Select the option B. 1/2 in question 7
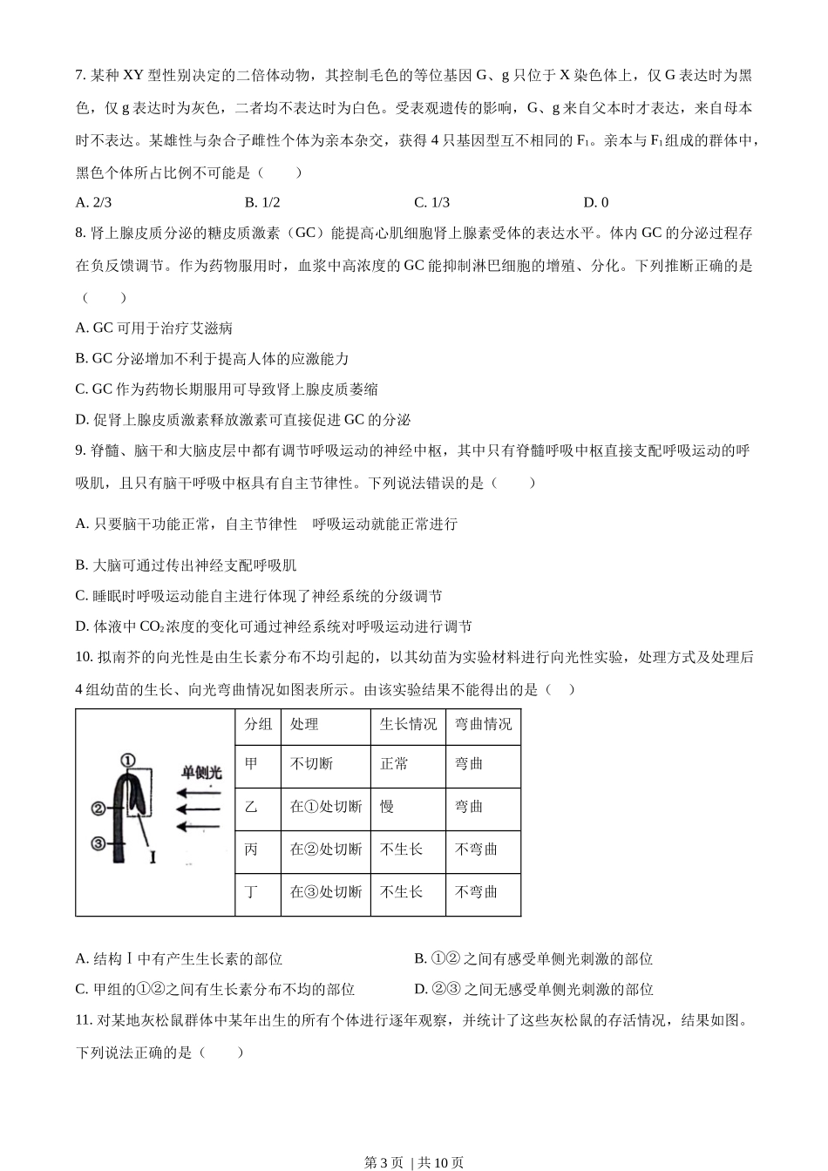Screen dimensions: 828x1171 tap(262, 203)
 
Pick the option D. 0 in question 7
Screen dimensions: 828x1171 tap(596, 203)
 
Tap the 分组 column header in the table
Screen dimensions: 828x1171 tap(258, 725)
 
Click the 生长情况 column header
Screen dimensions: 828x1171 tap(408, 725)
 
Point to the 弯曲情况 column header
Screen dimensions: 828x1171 tap(483, 725)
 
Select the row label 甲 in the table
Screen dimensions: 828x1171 tap(252, 764)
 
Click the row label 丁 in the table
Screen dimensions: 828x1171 tap(252, 891)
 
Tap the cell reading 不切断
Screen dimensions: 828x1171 tap(311, 764)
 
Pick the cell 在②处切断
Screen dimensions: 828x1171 tap(325, 849)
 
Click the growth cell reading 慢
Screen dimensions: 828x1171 tap(387, 807)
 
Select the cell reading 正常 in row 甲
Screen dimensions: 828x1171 tap(394, 764)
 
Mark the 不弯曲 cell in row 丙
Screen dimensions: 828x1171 tap(476, 849)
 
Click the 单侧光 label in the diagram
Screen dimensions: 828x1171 tap(202, 772)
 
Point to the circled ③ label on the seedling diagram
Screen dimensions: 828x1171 tap(98, 843)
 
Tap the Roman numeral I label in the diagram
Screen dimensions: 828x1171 tap(153, 857)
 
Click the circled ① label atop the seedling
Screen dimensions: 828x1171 tap(128, 760)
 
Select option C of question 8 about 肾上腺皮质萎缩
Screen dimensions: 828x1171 tap(227, 389)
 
